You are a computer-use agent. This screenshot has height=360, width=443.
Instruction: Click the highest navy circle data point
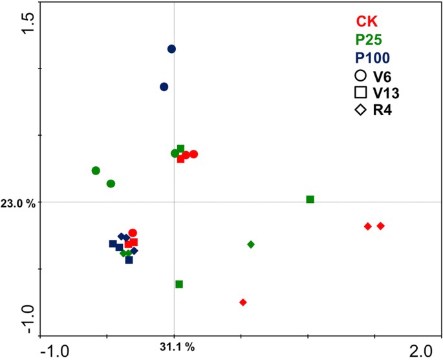tap(171, 48)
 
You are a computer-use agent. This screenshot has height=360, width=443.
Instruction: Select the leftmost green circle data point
tap(96, 171)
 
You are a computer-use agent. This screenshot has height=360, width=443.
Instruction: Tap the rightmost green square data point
tap(310, 199)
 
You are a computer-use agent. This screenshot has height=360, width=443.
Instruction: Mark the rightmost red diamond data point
tap(380, 226)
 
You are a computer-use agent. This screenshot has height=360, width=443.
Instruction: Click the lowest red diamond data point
tap(243, 302)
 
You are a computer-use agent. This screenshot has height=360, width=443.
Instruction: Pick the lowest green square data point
tap(179, 284)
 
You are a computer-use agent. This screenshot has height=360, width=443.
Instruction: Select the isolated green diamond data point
tap(251, 244)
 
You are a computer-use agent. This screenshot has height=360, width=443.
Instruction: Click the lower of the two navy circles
tap(164, 87)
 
